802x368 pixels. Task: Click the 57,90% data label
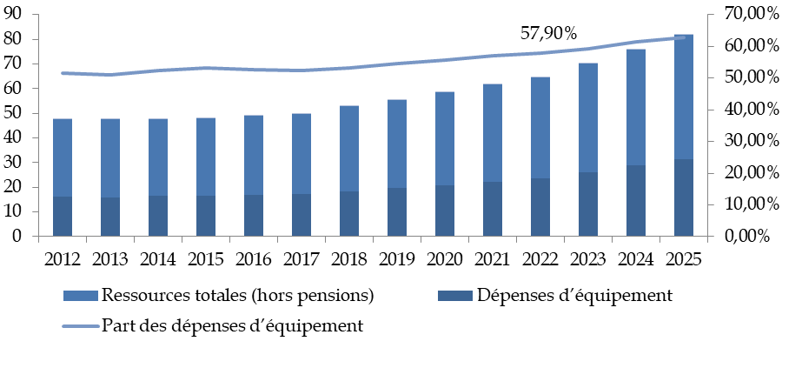(x=548, y=34)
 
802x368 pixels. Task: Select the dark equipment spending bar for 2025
(x=683, y=197)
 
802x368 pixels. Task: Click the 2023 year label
(x=587, y=258)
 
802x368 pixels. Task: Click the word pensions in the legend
(x=337, y=296)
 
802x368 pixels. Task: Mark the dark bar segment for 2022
(x=540, y=207)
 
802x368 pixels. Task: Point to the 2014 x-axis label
(x=158, y=258)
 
